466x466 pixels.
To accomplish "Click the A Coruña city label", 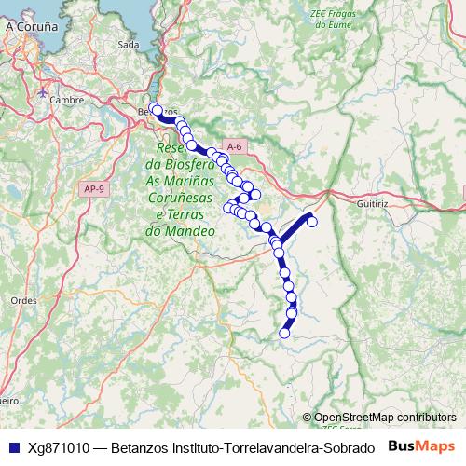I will point(33,27).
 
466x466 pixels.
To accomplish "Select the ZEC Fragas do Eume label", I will point(333,20).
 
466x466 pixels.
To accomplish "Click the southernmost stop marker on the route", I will point(284,333).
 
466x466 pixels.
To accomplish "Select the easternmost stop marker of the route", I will point(313,221).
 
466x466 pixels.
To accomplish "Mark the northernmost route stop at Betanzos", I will point(157,109).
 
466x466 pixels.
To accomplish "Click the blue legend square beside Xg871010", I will point(12,447).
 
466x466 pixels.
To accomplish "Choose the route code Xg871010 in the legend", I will point(60,447).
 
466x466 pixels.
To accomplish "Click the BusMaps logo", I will point(421,446).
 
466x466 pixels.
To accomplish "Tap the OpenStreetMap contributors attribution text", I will point(385,418).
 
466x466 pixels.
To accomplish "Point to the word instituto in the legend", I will point(183,447).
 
